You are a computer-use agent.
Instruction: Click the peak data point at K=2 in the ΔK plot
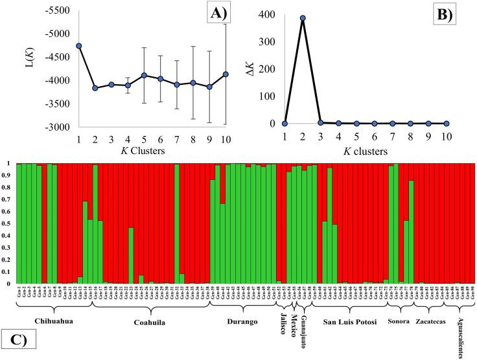303,18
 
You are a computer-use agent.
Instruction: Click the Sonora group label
399,321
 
